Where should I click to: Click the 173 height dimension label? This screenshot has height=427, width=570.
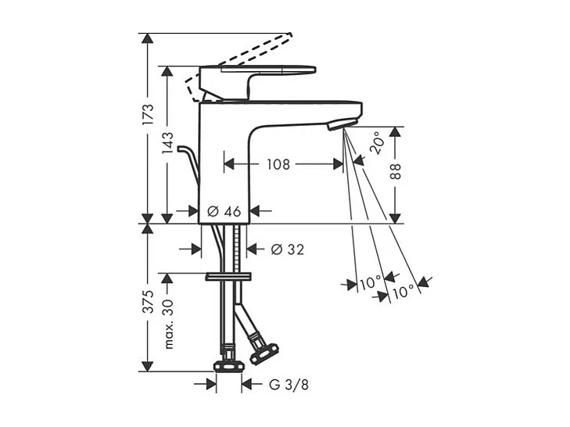tap(149, 114)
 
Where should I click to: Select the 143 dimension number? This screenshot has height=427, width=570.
tap(167, 143)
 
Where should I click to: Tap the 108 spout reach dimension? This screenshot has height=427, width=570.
tap(278, 164)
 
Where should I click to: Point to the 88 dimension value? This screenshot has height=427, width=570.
tap(396, 171)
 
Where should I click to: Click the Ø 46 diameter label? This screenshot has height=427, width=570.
tap(224, 211)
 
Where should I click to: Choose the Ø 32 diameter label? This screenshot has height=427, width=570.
tap(288, 249)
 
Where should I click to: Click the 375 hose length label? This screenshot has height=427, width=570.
tap(149, 302)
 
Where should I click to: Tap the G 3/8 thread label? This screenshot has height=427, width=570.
tap(289, 385)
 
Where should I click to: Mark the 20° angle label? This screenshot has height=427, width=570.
tap(377, 143)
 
